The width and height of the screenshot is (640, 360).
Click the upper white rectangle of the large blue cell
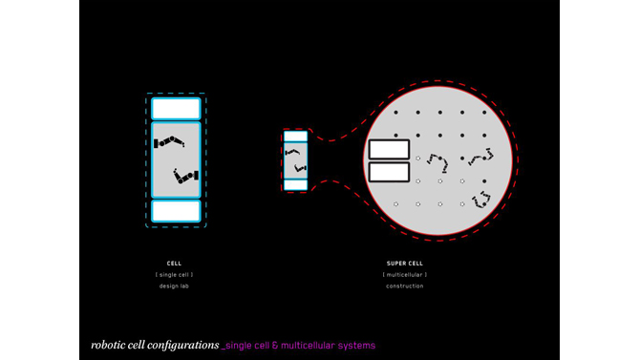(176, 109)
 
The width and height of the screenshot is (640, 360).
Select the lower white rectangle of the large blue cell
(176, 211)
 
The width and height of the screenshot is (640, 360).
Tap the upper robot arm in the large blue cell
(169, 141)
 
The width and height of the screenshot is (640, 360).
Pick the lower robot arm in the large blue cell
(185, 176)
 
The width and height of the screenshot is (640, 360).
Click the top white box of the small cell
(295, 136)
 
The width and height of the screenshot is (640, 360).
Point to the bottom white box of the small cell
(295, 185)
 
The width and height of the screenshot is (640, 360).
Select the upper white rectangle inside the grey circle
(389, 149)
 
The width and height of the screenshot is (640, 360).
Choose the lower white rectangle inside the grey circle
(389, 172)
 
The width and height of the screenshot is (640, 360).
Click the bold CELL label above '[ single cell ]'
(174, 264)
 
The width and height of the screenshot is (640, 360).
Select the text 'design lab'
(174, 286)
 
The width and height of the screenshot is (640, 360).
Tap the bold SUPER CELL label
(405, 264)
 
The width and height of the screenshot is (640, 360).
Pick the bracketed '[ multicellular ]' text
(405, 275)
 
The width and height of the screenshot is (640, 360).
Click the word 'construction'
(405, 286)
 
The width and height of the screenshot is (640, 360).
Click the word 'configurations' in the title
(183, 346)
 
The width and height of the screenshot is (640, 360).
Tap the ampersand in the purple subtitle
(275, 346)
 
